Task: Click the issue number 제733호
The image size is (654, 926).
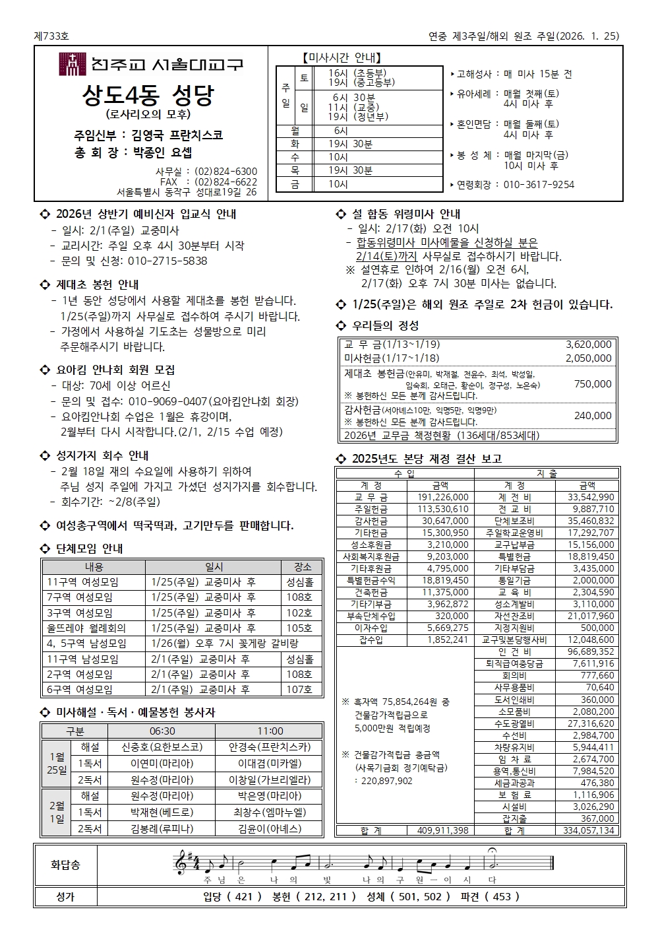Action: coord(51,36)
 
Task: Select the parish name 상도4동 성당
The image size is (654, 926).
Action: coord(149,95)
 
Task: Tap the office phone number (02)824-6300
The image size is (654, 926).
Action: coord(226,172)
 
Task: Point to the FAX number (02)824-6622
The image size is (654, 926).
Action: coord(226,182)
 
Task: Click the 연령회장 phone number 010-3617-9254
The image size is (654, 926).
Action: coord(539,185)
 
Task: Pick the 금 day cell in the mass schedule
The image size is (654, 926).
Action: coord(295,185)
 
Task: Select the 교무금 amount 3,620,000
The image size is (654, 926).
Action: coord(588,345)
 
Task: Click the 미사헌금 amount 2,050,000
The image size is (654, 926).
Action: coord(588,358)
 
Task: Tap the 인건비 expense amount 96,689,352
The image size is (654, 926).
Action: coord(586,651)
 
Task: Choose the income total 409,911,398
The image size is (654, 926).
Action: coord(442,830)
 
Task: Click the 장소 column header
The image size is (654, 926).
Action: coord(302,567)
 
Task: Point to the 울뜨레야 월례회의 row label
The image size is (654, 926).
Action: coord(86,628)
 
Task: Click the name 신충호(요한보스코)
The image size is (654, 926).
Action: coord(162,747)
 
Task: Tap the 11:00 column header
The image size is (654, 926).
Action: coord(270,731)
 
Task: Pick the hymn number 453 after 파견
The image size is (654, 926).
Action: coord(502,896)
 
